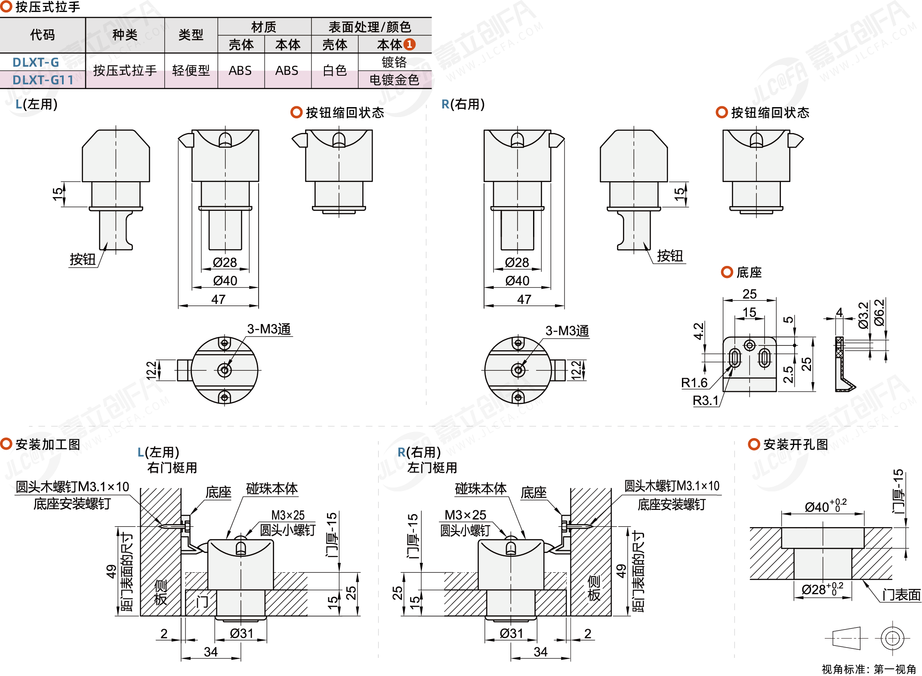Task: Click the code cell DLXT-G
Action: tap(36, 62)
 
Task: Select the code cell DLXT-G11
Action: tap(43, 80)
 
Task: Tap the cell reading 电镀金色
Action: tap(394, 80)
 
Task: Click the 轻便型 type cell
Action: tap(191, 71)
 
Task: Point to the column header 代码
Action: tap(42, 35)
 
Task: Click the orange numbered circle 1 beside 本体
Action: tap(410, 44)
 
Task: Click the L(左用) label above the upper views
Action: tap(37, 105)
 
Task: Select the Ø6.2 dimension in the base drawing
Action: tap(879, 313)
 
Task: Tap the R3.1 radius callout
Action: tap(706, 401)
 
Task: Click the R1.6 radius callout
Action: tap(694, 383)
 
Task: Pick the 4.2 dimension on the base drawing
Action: tap(699, 331)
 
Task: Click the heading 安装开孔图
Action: tap(795, 444)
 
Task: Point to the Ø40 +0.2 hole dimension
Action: tap(825, 506)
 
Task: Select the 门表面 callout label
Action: tap(901, 595)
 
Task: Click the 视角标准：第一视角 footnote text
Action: tap(869, 669)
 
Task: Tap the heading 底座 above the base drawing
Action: tap(749, 272)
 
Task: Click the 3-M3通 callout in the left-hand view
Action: tap(269, 329)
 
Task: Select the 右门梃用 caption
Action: tap(172, 468)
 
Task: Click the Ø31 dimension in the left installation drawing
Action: tap(241, 633)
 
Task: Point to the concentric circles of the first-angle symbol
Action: tap(892, 638)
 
